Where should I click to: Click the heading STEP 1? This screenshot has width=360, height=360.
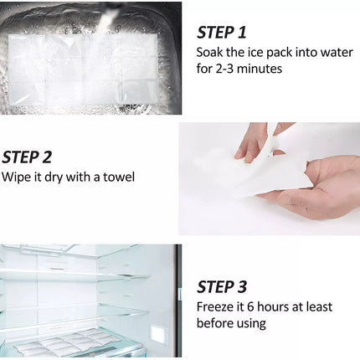222,33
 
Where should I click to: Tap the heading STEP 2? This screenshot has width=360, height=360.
27,157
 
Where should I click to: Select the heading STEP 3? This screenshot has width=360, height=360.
222,287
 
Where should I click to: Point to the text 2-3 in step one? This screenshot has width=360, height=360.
224,69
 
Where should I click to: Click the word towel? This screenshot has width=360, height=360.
119,177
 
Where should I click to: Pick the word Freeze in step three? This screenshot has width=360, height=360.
213,307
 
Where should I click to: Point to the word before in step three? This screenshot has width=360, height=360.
215,323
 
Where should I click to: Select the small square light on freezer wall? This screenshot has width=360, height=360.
158,334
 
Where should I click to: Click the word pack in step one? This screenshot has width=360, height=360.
279,54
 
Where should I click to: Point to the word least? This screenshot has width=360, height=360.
319,307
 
